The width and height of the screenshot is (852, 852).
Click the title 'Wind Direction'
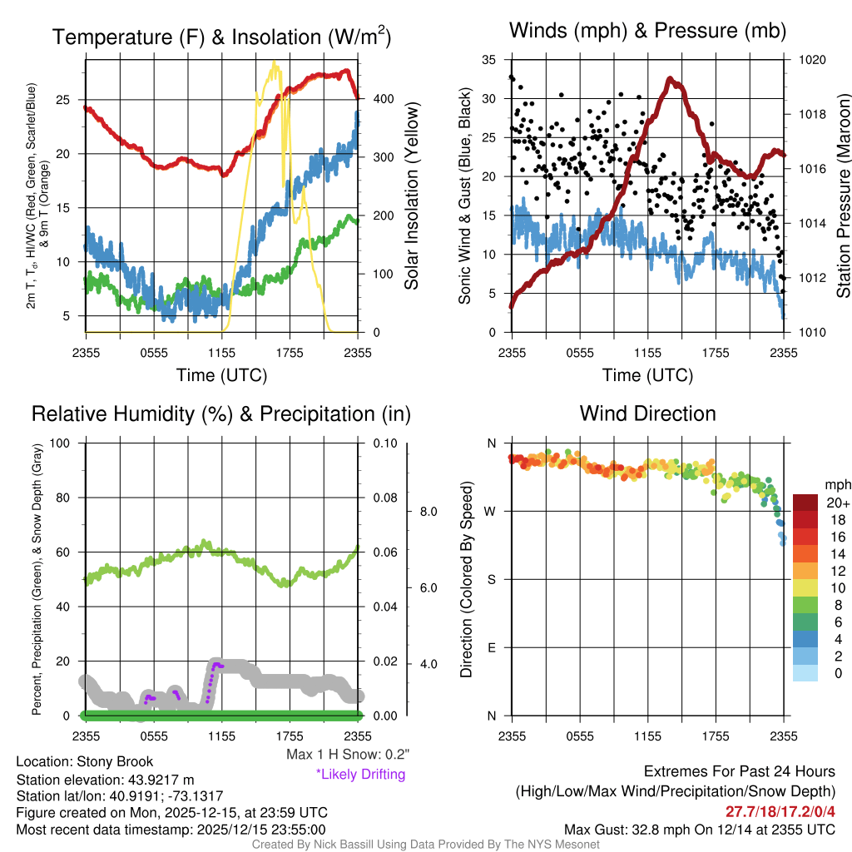click(647, 414)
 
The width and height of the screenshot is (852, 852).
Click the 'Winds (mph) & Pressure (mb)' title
click(647, 32)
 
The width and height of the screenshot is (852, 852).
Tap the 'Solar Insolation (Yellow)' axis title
click(412, 196)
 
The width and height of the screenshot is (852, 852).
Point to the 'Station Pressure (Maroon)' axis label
click(842, 196)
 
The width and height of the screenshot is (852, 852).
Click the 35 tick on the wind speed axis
click(489, 60)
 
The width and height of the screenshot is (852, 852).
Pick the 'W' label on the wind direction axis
click(492, 511)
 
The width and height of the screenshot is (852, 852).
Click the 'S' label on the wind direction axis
click(492, 579)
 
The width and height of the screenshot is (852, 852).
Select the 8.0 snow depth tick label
click(428, 512)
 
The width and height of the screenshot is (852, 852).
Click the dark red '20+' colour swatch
click(806, 503)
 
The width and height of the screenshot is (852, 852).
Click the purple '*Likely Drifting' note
click(360, 774)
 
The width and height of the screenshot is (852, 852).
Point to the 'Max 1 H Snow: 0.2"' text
click(348, 755)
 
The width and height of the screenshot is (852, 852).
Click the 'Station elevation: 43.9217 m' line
click(105, 779)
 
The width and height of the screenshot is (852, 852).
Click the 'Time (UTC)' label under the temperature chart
click(221, 375)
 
